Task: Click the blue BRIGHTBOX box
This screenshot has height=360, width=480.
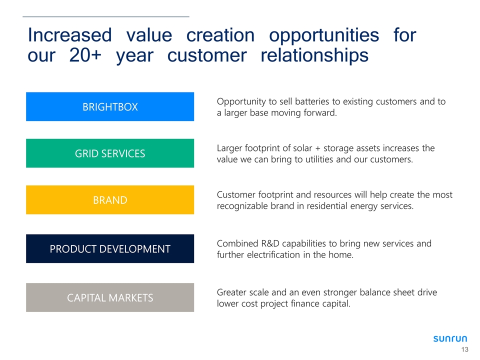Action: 110,106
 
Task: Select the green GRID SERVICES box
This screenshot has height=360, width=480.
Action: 110,153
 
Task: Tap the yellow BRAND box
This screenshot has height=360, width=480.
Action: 110,199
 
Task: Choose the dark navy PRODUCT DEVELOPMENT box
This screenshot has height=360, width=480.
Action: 110,248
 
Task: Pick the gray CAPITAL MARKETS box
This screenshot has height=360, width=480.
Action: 110,297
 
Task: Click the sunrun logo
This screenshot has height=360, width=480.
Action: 450,338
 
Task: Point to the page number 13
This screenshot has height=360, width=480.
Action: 464,349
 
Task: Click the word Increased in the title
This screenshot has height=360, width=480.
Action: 70,35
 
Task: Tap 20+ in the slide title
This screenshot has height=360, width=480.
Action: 85,55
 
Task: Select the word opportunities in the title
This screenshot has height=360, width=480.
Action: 324,35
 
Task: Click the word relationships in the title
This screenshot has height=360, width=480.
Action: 314,55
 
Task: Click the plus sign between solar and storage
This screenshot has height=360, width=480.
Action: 318,148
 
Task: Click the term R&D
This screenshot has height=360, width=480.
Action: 270,243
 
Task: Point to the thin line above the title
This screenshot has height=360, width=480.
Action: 106,16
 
